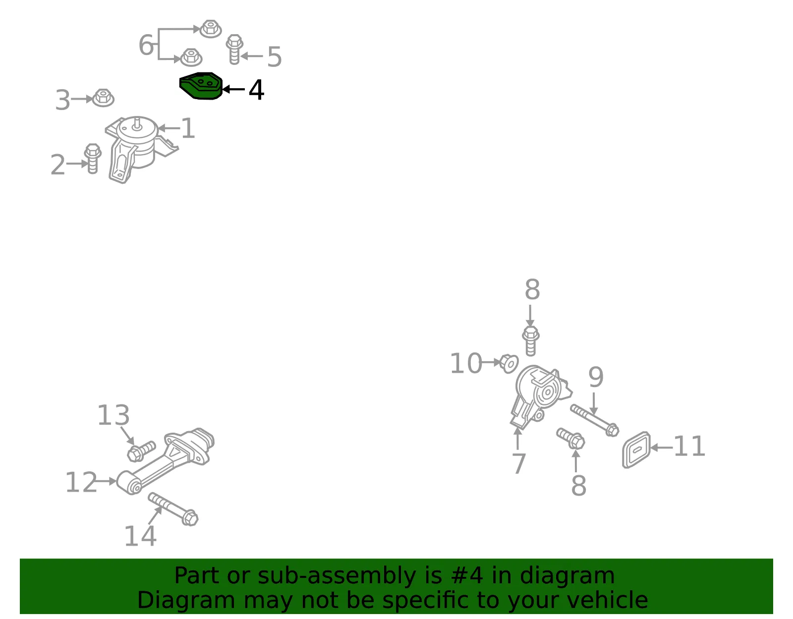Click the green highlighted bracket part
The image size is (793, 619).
201,86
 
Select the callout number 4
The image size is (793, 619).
256,90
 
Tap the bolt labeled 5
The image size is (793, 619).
234,49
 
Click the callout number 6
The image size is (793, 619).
146,45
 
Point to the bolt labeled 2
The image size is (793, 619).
92,158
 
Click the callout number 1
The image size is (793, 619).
188,128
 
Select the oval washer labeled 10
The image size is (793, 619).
509,363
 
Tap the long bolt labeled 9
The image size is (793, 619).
594,420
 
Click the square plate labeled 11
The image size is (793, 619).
636,450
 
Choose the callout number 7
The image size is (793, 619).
519,463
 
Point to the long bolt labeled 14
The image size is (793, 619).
173,509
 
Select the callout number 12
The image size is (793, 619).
81,482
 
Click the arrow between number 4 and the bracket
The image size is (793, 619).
233,89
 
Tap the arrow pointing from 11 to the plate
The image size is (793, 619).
662,447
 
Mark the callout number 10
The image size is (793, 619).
466,363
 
